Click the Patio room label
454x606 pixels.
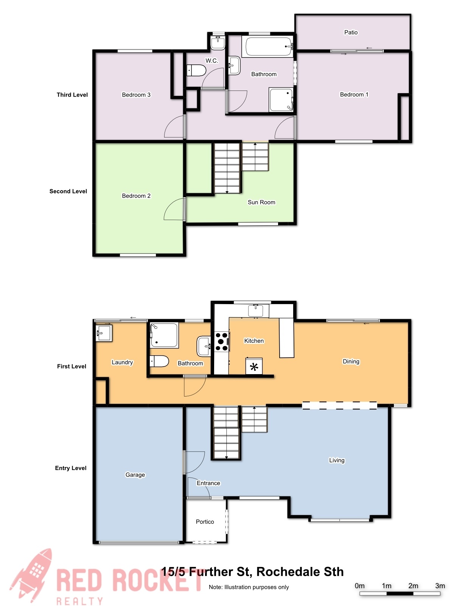pyautogui.click(x=351, y=32)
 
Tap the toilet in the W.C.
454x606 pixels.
pyautogui.click(x=196, y=70)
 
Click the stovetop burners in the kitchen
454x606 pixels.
pyautogui.click(x=222, y=342)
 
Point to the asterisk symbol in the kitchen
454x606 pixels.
pyautogui.click(x=254, y=367)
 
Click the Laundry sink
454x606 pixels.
pyautogui.click(x=104, y=333)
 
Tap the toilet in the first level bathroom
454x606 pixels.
pyautogui.click(x=159, y=361)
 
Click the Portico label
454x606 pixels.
pyautogui.click(x=205, y=522)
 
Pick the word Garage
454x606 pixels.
pyautogui.click(x=135, y=475)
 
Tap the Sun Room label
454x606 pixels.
pyautogui.click(x=261, y=202)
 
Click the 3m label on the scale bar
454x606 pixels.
pyautogui.click(x=440, y=586)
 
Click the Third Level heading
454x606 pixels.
pyautogui.click(x=72, y=95)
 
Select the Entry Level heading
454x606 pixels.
pyautogui.click(x=71, y=468)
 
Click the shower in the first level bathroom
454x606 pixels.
pyautogui.click(x=164, y=335)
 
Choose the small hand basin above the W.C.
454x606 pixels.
pyautogui.click(x=218, y=43)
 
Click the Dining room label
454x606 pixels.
pyautogui.click(x=351, y=361)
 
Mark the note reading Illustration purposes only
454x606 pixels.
pyautogui.click(x=249, y=587)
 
